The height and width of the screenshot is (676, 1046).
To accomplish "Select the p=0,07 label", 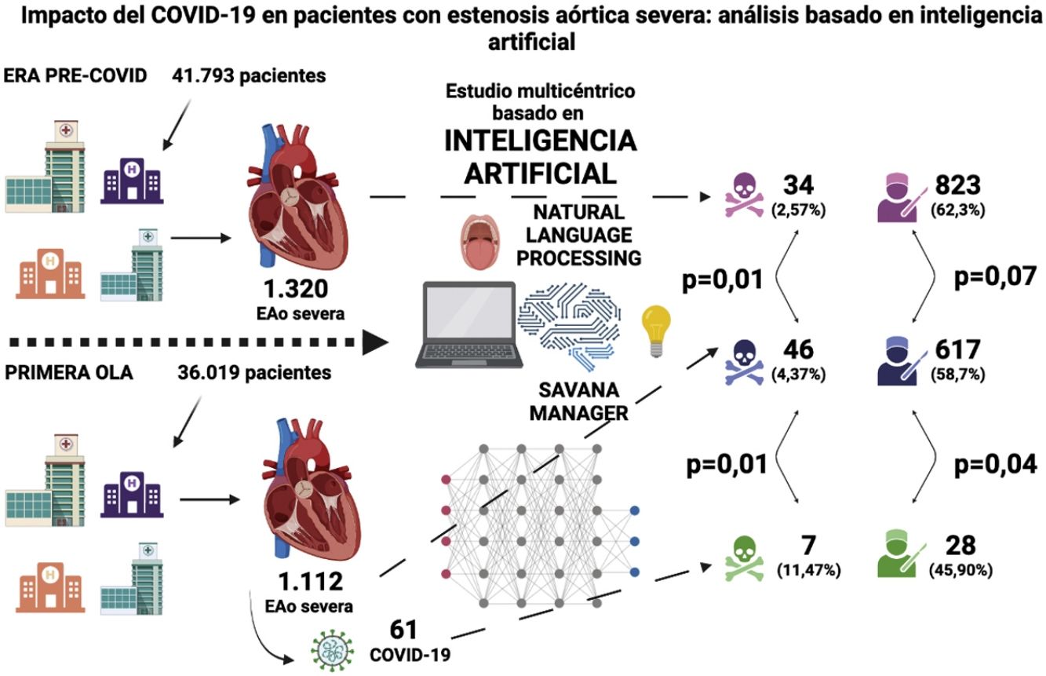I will tap(995, 276).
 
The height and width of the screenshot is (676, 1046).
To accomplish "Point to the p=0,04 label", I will tap(995, 464).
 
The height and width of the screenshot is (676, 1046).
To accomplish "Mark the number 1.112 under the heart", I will tap(311, 582).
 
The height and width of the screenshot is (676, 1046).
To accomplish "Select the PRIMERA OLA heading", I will tap(68, 371).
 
